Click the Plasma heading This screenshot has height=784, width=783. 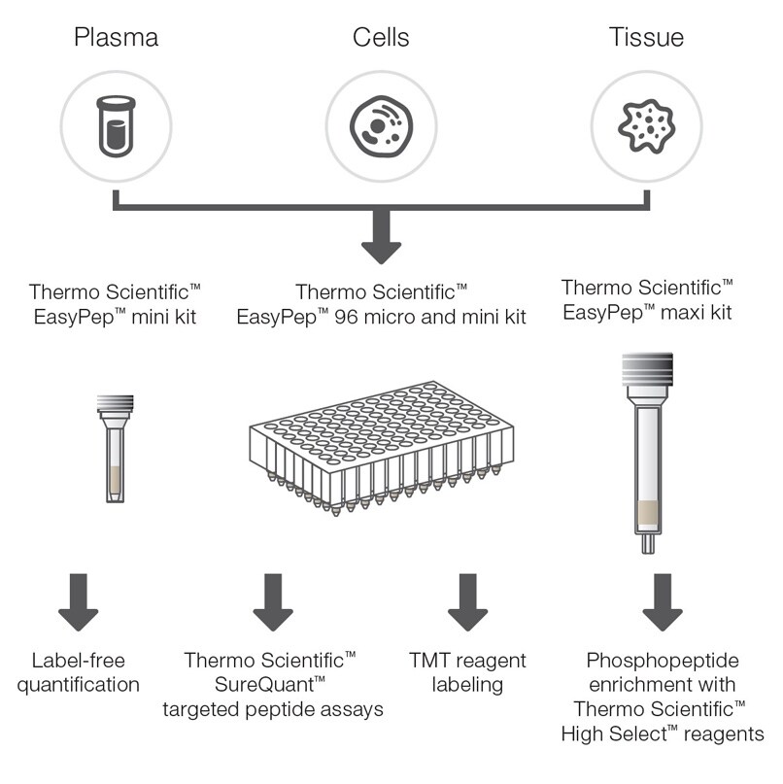click(116, 38)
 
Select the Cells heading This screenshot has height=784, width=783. click(381, 38)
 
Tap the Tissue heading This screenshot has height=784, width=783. click(646, 38)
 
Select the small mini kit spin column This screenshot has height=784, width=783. click(115, 447)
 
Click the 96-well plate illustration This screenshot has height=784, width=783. click(379, 442)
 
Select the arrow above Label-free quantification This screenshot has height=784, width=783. click(79, 602)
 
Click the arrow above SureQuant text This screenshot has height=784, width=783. click(273, 602)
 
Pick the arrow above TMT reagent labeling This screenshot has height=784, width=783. click(467, 602)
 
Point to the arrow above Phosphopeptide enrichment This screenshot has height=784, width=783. click(662, 602)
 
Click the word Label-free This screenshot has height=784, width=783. click(78, 661)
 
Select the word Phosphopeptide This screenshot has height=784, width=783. click(662, 661)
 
